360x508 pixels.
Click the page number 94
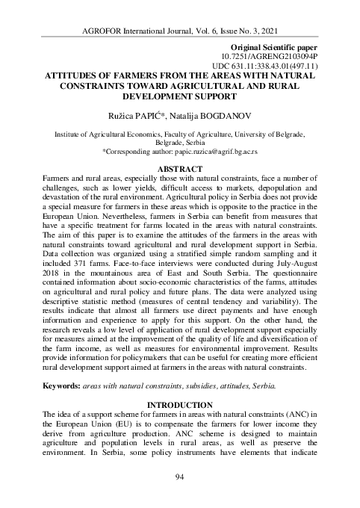(x=179, y=477)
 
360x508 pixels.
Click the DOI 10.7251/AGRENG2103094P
(x=270, y=56)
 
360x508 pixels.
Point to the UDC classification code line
(x=262, y=66)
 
